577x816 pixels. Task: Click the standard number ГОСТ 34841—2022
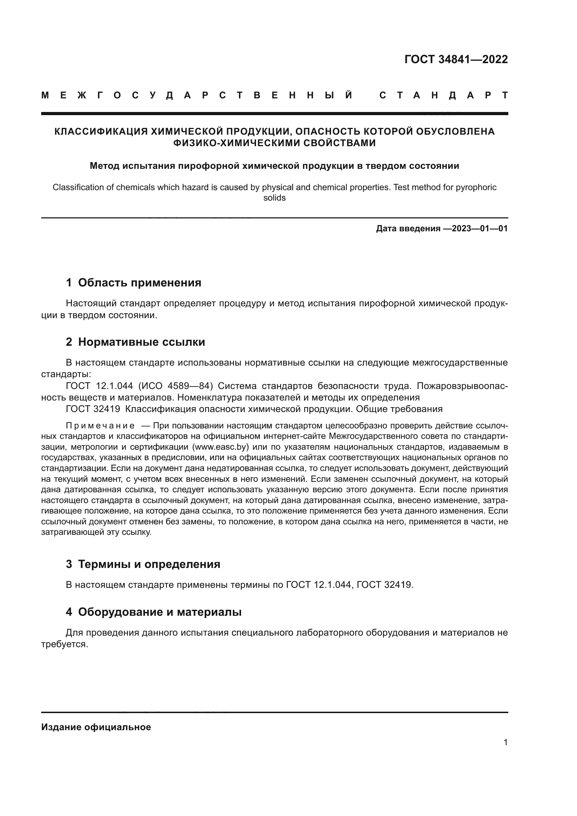[456, 59]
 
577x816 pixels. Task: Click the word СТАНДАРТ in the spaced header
[443, 95]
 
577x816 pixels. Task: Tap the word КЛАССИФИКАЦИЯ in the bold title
[101, 132]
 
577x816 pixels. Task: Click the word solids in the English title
[274, 198]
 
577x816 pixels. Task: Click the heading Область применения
[139, 283]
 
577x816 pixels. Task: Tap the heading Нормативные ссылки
[141, 342]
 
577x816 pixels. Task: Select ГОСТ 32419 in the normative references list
[93, 409]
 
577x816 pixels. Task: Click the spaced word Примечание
[100, 426]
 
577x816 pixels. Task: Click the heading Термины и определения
[149, 564]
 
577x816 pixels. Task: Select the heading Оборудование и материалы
[159, 612]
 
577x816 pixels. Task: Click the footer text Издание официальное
[96, 727]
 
